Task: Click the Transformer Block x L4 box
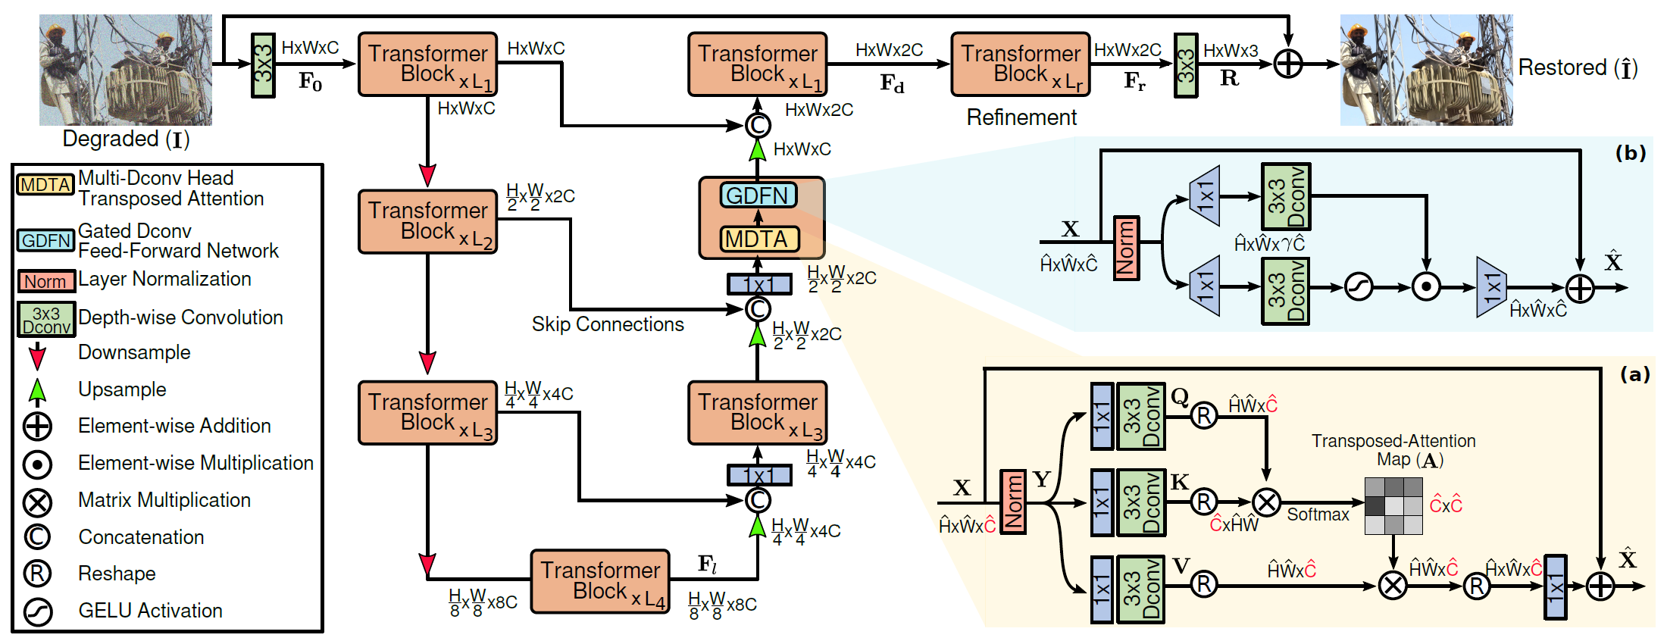click(x=599, y=581)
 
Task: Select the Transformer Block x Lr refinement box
click(x=1020, y=64)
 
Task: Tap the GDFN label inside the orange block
click(x=758, y=195)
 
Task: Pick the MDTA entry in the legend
click(x=45, y=185)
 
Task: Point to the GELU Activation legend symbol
click(x=37, y=611)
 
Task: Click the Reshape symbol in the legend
click(x=37, y=574)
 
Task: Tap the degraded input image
click(x=125, y=70)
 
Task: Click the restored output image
click(x=1425, y=70)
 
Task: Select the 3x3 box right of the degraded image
click(x=263, y=65)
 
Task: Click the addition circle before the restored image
click(x=1287, y=64)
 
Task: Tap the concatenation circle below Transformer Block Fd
click(x=757, y=125)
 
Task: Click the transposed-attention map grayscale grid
click(x=1393, y=505)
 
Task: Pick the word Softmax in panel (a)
click(x=1318, y=514)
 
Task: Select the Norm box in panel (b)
click(x=1125, y=248)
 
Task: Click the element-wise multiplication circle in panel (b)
click(x=1426, y=288)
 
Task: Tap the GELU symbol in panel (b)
click(x=1358, y=288)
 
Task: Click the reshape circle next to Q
click(x=1203, y=415)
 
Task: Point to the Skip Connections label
click(x=607, y=324)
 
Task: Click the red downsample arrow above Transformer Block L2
click(x=427, y=175)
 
